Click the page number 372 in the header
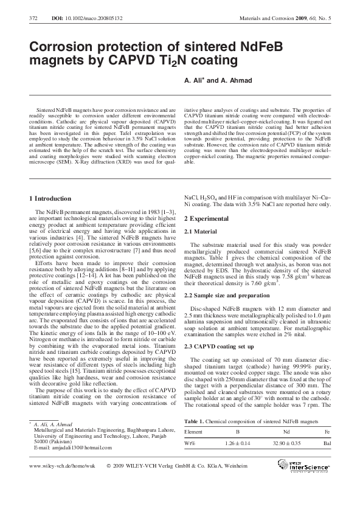click(34, 19)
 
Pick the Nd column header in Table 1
click(286, 431)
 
